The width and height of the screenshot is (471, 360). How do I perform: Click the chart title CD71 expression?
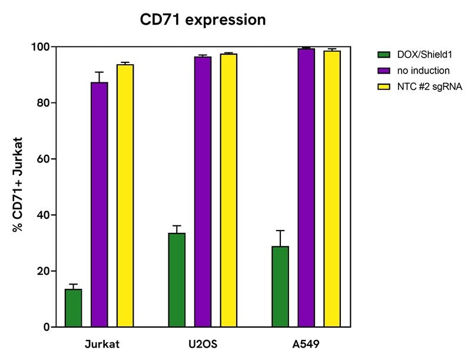click(x=203, y=19)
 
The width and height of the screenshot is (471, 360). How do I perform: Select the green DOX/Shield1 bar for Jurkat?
click(x=73, y=308)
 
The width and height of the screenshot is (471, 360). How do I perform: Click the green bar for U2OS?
click(x=177, y=279)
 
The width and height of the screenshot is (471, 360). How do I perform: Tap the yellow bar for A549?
click(x=332, y=188)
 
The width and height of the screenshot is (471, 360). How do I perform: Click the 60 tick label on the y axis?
click(x=42, y=159)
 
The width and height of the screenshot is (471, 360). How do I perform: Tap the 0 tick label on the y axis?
click(x=45, y=327)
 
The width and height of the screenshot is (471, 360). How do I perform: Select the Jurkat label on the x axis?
click(x=99, y=344)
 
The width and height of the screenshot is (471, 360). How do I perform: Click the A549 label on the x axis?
click(x=306, y=344)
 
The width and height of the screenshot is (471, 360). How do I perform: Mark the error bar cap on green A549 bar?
click(x=280, y=231)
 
